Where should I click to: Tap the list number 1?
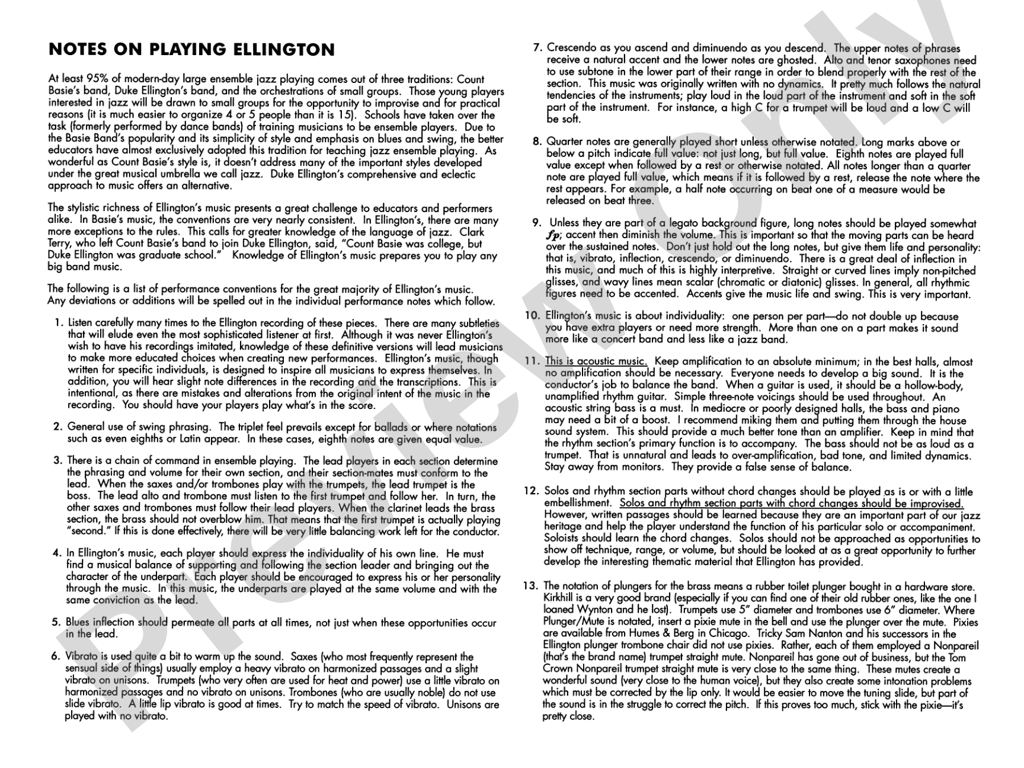(58, 324)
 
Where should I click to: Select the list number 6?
(56, 657)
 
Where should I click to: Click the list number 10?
(532, 316)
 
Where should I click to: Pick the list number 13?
(530, 587)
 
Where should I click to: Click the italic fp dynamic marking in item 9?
(552, 235)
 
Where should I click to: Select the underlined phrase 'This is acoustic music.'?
(596, 361)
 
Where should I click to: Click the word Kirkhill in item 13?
(561, 599)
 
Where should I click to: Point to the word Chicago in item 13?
(728, 633)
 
